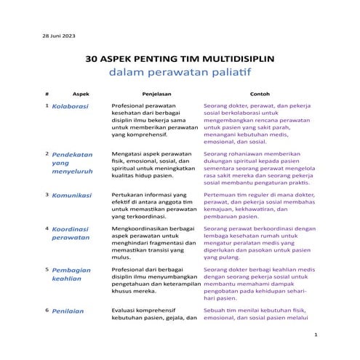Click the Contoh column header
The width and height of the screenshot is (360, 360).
(260, 94)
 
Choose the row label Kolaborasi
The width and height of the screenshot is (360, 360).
(70, 106)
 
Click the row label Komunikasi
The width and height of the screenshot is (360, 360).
(71, 196)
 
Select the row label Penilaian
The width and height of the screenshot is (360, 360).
(68, 311)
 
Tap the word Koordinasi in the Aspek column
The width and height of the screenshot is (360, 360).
(71, 228)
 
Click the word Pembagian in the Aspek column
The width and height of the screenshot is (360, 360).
(71, 269)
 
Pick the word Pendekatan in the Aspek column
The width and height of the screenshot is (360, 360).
(73, 155)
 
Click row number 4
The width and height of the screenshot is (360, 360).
(47, 228)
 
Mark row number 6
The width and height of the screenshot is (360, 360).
(47, 310)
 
